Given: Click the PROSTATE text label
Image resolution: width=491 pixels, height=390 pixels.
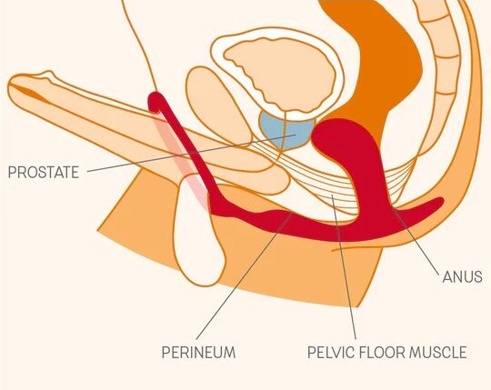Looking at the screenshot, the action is coord(44,172).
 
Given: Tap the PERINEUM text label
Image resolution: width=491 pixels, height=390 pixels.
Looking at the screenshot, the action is coord(198,353).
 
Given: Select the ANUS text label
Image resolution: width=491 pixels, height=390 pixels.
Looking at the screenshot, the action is coord(462,277).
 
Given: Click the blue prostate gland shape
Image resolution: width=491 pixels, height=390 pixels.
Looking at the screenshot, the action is coord(286,129).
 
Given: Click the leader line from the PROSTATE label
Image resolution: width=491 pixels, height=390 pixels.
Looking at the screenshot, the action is coord(191,153).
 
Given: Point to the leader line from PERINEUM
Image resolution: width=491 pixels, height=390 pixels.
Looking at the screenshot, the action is coord(245,275).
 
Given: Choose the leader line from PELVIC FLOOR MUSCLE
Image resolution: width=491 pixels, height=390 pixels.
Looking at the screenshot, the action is coord(344,266).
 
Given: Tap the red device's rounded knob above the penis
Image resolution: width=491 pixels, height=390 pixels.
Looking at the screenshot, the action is coord(155,102).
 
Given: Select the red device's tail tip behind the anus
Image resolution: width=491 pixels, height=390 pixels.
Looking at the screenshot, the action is coord(437,202).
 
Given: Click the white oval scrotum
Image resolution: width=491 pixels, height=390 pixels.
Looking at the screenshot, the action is coord(198,232).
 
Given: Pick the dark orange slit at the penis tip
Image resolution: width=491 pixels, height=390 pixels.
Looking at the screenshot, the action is coord(30,92).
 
